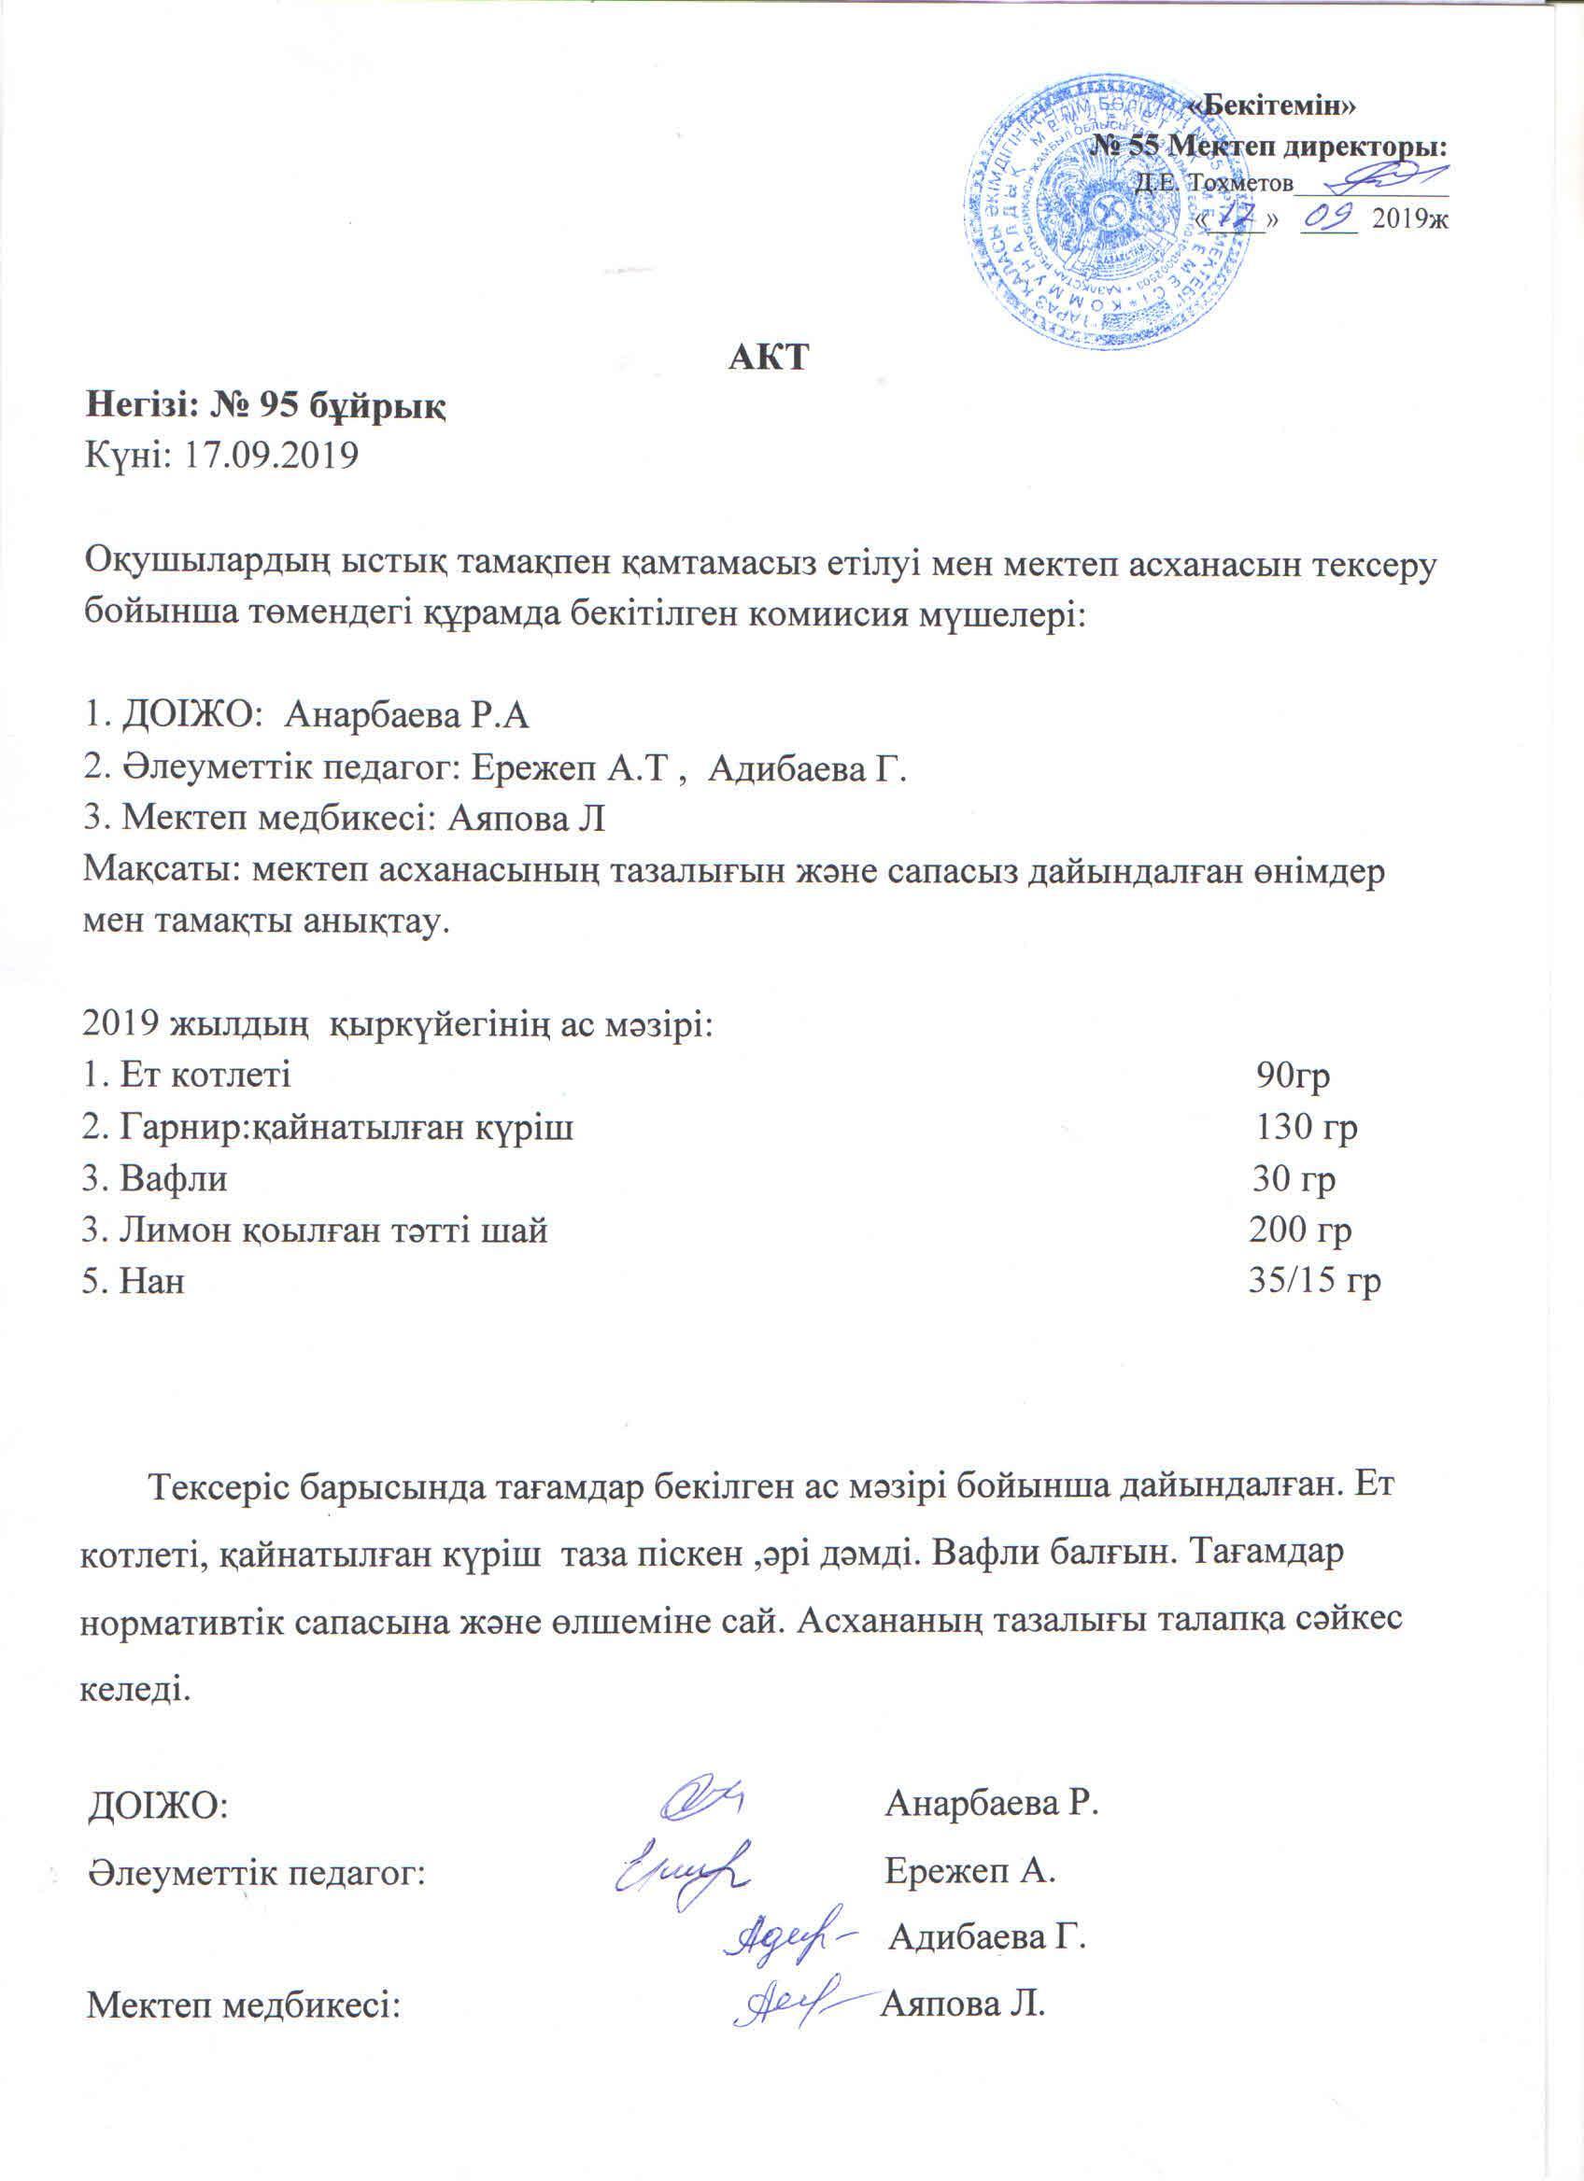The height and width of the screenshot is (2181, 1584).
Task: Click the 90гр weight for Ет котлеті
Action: coord(1293,1076)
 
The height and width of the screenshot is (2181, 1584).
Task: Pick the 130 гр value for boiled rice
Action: coord(1306,1127)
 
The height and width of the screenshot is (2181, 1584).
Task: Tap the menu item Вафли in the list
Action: coord(173,1178)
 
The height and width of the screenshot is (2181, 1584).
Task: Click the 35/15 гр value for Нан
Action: coord(1314,1281)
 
